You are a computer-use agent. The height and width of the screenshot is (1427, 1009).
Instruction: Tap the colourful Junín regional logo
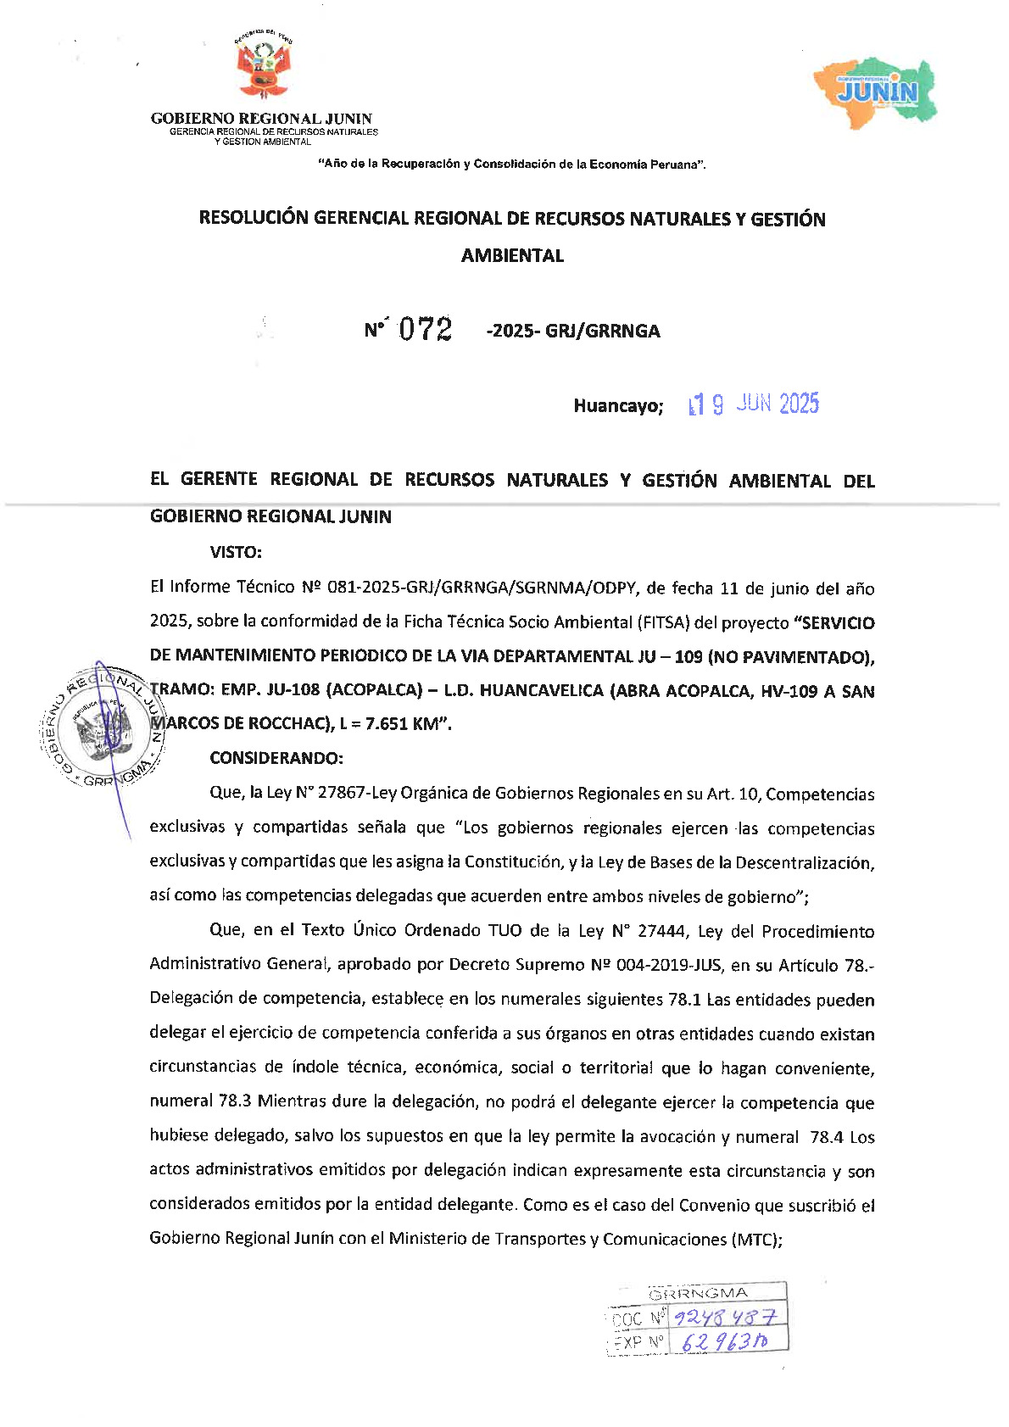876,92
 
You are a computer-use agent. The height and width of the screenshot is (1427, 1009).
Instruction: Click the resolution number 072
425,329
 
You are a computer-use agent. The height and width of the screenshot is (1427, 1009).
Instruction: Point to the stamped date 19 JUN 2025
754,404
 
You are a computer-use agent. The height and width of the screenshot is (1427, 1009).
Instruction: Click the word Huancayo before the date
617,406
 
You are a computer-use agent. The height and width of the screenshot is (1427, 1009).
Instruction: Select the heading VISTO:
236,552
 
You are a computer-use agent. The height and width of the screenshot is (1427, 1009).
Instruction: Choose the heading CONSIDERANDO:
276,757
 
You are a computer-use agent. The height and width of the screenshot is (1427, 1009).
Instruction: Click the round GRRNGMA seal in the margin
103,727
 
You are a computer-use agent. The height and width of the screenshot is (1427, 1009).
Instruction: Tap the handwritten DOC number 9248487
724,1318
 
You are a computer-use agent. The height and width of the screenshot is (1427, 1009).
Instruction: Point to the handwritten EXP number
725,1341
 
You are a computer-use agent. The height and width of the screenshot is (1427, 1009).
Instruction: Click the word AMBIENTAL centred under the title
512,255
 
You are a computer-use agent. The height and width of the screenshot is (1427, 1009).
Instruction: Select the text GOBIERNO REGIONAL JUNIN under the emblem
261,119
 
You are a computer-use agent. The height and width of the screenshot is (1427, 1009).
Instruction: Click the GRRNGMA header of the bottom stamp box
698,1293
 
